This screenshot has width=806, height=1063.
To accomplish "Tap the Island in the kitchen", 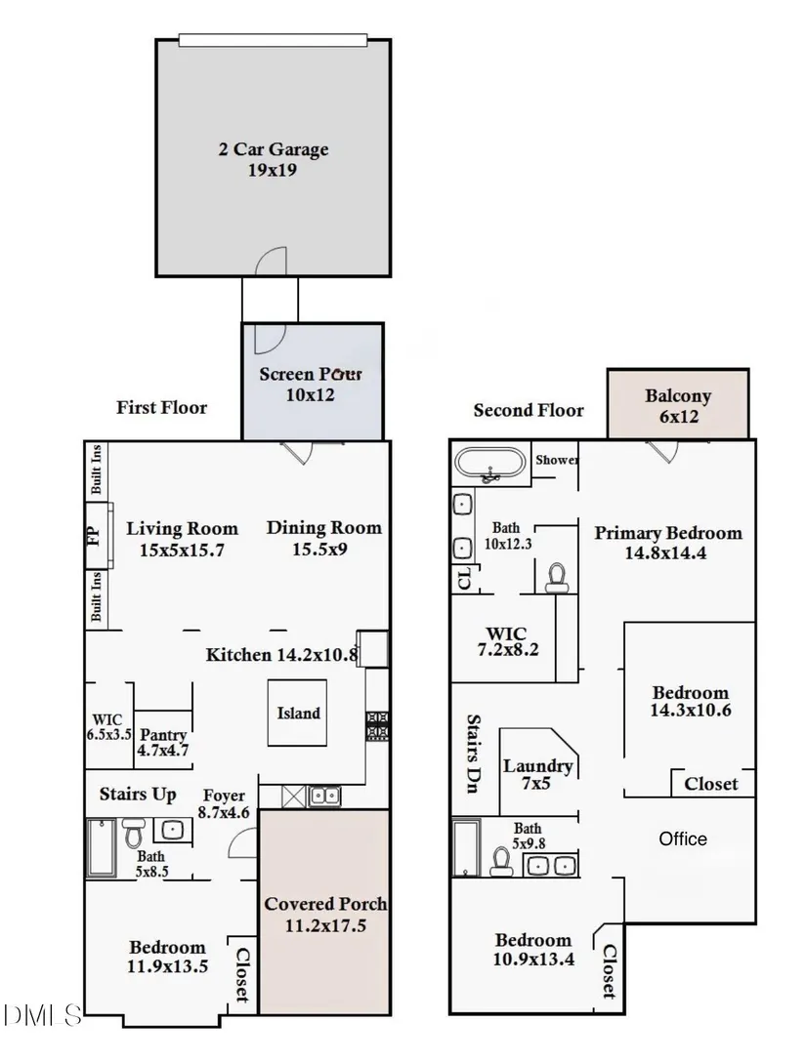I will click(298, 713).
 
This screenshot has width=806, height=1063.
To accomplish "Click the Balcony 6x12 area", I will click(678, 405).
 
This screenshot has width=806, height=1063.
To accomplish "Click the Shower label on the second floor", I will click(557, 460).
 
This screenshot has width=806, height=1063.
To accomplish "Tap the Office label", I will click(683, 838).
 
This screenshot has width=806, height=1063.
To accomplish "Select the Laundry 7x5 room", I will click(537, 773).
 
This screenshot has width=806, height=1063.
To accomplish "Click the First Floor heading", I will click(162, 407).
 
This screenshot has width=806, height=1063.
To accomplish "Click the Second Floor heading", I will click(529, 410).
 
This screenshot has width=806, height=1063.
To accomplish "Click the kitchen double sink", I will click(324, 796).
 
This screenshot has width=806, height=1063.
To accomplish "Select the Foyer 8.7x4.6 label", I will click(224, 802).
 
